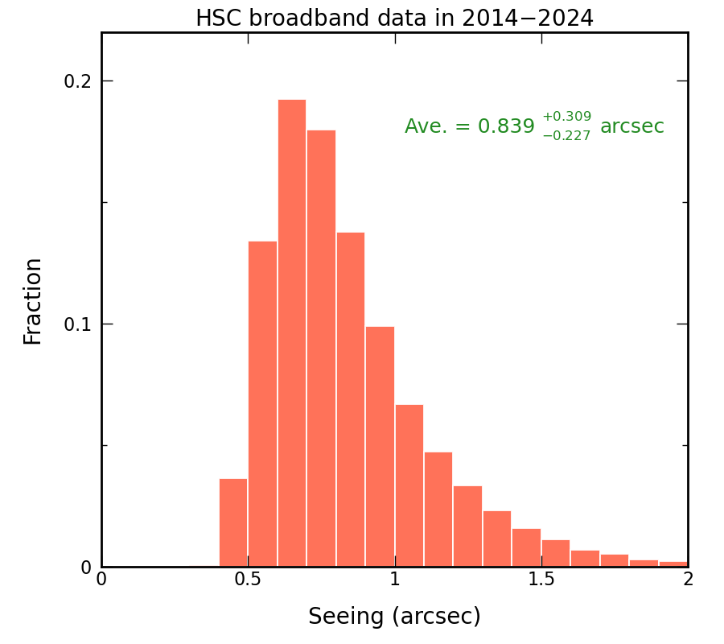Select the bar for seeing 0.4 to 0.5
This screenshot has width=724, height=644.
233,522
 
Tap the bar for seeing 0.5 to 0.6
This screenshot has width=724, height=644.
262,403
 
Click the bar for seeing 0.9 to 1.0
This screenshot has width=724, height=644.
380,446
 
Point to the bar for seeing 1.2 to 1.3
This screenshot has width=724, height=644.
467,526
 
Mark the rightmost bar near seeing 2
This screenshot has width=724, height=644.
673,563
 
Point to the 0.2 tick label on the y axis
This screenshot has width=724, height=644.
77,81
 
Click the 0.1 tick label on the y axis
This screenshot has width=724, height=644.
77,324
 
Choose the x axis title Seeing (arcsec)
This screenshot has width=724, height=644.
394,617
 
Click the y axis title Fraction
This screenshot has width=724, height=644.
33,301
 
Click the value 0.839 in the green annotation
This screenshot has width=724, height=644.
506,126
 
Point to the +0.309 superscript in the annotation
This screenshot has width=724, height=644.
566,117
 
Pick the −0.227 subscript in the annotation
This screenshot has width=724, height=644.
566,136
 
